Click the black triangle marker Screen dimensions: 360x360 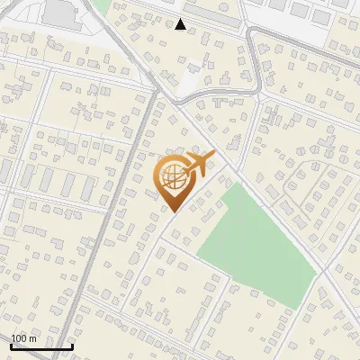181,24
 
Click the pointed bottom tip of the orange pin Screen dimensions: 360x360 172,211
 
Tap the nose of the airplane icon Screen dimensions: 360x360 213,157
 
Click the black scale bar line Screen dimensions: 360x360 41,346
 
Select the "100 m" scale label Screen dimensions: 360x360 24,338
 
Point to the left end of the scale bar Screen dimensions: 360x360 11,346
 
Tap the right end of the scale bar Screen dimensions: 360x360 72,346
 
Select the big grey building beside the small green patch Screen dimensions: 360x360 60,13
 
